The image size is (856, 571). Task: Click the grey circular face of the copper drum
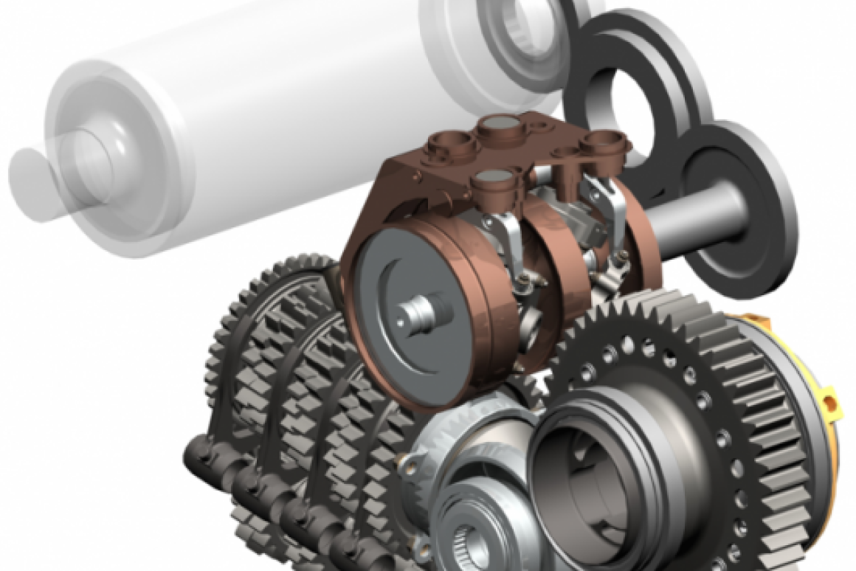coord(391,295)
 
